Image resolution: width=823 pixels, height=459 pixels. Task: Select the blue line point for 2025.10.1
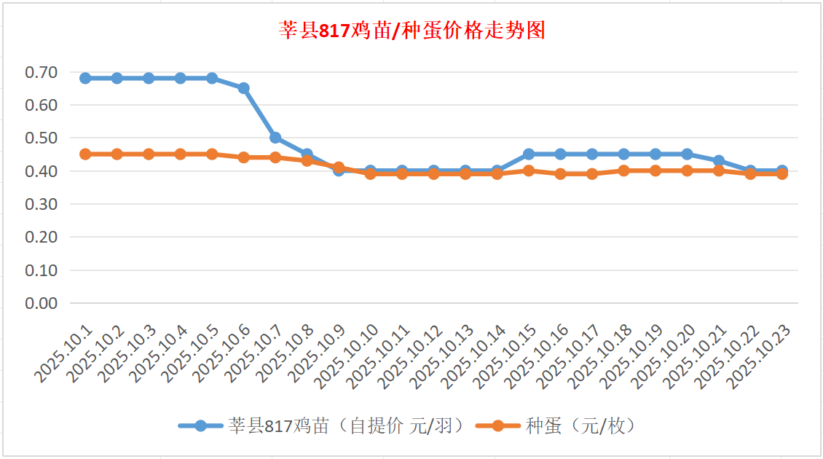(x=85, y=78)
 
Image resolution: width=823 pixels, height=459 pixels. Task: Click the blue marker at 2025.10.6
(x=244, y=88)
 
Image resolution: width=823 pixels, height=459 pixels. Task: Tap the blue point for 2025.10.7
(x=275, y=138)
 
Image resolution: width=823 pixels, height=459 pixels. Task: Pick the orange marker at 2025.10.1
(x=85, y=154)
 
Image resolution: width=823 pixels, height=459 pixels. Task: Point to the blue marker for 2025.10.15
(x=529, y=154)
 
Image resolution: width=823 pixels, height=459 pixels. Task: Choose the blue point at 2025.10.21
(x=719, y=161)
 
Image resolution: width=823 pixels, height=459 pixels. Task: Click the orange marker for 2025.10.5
(x=212, y=154)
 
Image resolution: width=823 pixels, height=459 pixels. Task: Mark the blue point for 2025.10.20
(x=687, y=154)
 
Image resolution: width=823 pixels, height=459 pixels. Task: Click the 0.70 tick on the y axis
(x=41, y=72)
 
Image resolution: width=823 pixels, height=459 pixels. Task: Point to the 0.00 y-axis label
(x=41, y=303)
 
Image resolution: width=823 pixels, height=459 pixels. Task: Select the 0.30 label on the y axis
(x=41, y=204)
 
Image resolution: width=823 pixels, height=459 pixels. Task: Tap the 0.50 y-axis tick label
(x=41, y=138)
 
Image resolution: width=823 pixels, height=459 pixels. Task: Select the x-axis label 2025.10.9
(x=318, y=355)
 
